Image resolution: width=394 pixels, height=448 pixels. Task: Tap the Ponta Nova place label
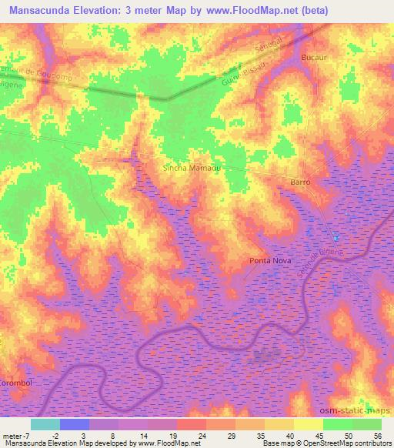tap(269, 262)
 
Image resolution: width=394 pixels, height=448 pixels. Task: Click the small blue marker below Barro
tap(335, 236)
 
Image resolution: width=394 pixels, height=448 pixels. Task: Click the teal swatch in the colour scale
tap(45, 424)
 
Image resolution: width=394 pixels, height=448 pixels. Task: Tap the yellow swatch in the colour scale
tap(308, 424)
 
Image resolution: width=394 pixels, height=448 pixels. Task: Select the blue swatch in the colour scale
tap(74, 424)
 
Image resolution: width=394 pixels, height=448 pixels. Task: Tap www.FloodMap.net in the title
tap(242, 10)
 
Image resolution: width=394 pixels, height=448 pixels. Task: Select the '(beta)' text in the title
tap(307, 10)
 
